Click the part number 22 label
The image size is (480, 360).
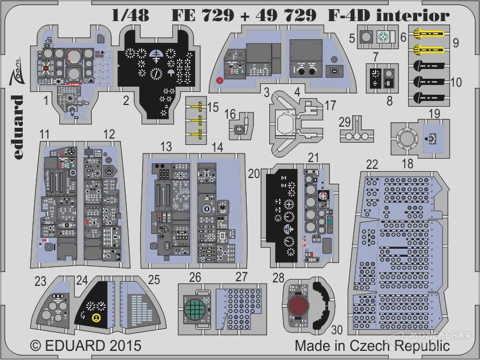click(x=372, y=165)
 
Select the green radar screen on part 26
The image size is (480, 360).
click(x=195, y=310)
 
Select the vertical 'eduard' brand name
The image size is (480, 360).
click(x=17, y=123)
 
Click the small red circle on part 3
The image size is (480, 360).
click(x=220, y=82)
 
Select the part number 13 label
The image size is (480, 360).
click(x=166, y=147)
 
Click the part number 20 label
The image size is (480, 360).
click(x=255, y=172)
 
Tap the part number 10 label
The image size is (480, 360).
click(x=455, y=82)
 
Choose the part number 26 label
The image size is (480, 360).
click(x=195, y=278)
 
